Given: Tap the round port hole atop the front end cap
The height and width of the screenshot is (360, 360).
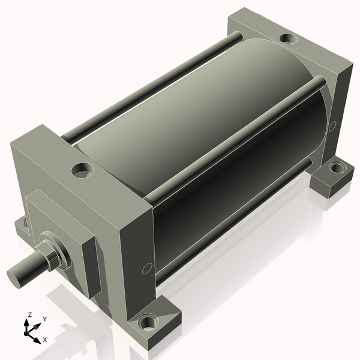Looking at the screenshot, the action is click(x=83, y=170).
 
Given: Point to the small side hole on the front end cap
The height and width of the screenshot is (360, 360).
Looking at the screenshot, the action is click(x=147, y=268).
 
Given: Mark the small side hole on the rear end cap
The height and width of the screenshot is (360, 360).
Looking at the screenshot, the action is click(x=332, y=126).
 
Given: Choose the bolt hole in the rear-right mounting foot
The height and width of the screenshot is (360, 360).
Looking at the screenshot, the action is click(x=336, y=166).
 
